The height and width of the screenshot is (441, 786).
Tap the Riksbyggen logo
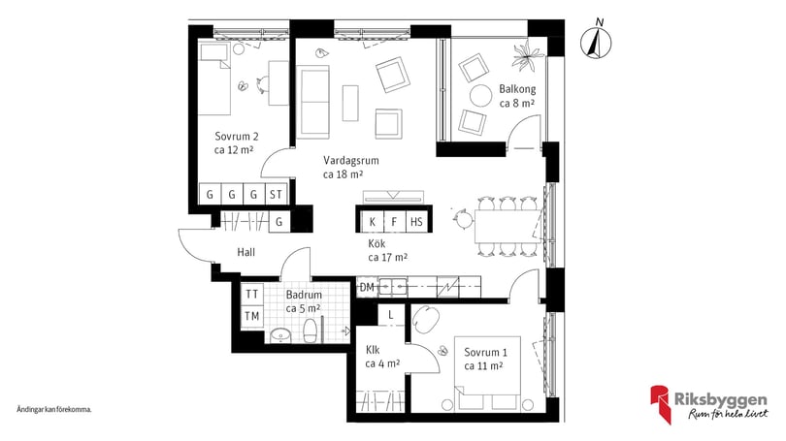tap(708, 404)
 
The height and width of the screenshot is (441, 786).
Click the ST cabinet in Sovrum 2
tap(276, 194)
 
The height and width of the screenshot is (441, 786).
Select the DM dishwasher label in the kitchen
tap(367, 287)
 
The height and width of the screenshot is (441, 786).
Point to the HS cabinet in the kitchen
tap(416, 222)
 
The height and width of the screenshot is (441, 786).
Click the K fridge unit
tap(373, 222)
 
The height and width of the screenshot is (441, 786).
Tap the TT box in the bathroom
tap(252, 294)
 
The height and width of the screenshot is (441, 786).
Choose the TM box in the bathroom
tap(252, 316)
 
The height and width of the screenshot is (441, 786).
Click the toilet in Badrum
tap(311, 331)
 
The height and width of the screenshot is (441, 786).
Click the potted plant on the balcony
tap(527, 54)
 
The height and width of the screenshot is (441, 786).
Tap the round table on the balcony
tap(480, 96)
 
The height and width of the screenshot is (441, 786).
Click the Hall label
tap(246, 252)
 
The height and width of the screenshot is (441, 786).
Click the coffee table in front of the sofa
tap(350, 103)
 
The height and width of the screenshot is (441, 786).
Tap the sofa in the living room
tap(312, 102)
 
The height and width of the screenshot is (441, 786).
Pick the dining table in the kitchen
tap(508, 226)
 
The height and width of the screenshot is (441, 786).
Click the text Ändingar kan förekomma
tap(54, 409)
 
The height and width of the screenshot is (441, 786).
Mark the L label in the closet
tap(390, 315)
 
